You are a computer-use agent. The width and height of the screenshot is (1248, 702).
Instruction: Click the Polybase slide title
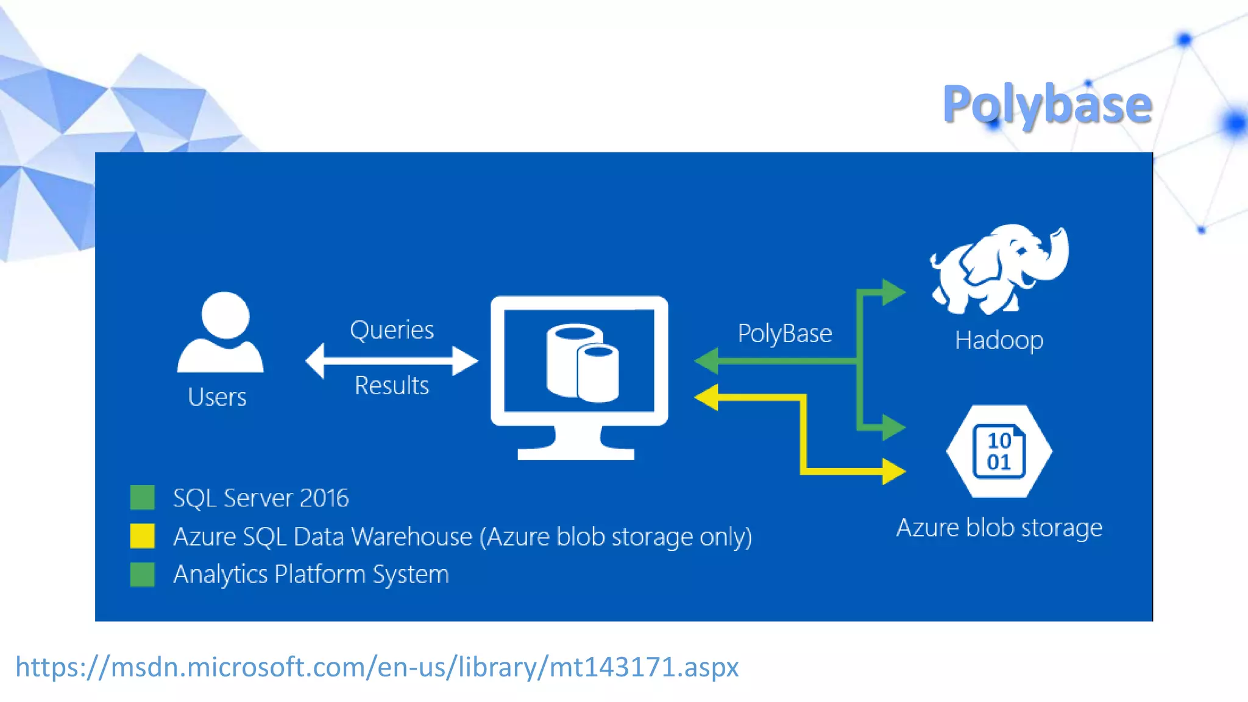click(x=1047, y=105)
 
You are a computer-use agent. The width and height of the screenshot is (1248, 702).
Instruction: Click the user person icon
click(x=221, y=333)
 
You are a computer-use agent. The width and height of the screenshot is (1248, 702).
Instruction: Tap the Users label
click(x=217, y=397)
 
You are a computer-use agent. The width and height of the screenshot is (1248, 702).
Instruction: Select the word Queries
click(x=392, y=330)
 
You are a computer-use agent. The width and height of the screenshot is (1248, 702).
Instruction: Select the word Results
click(x=392, y=386)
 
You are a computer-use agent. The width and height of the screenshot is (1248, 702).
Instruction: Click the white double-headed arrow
click(x=391, y=361)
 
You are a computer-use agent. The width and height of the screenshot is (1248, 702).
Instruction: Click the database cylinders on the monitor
click(x=582, y=363)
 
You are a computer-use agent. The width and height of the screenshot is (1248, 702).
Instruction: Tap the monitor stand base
click(x=576, y=452)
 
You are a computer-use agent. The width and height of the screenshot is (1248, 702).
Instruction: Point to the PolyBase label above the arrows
click(x=784, y=333)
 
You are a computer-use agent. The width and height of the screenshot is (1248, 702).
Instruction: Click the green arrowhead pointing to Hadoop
click(x=893, y=292)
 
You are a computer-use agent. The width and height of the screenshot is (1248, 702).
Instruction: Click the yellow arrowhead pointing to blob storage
click(x=893, y=471)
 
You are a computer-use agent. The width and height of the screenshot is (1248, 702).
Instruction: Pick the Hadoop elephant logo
click(x=999, y=268)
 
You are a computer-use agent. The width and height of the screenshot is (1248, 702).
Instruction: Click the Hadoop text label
click(x=999, y=340)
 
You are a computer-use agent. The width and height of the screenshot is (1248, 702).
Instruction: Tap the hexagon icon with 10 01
click(x=999, y=452)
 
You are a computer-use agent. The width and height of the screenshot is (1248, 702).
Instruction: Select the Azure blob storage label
click(x=999, y=528)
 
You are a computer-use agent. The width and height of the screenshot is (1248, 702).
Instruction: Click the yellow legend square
click(x=143, y=536)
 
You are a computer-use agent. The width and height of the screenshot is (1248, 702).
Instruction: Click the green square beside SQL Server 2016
click(x=143, y=497)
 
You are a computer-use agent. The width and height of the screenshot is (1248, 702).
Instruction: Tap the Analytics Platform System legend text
click(x=311, y=575)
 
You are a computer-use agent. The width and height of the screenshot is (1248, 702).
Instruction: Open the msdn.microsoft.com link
click(x=377, y=667)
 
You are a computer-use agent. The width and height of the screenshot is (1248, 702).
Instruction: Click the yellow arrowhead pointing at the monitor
click(x=707, y=397)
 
